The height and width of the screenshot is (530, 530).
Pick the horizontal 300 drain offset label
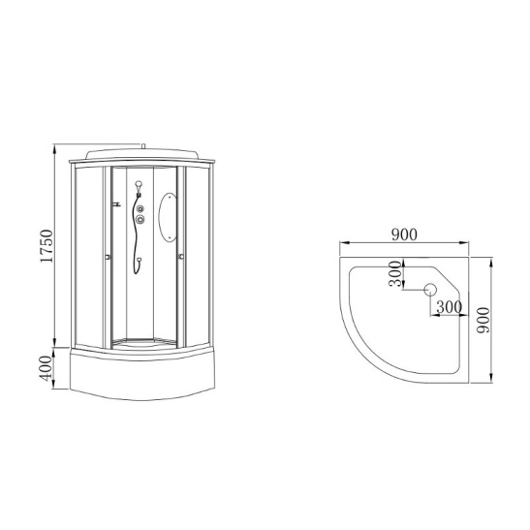[x=449, y=306]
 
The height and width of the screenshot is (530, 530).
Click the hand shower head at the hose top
[x=140, y=185]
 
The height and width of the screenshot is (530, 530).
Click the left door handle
[x=108, y=257]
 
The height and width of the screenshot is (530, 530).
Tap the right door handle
[x=180, y=257]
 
